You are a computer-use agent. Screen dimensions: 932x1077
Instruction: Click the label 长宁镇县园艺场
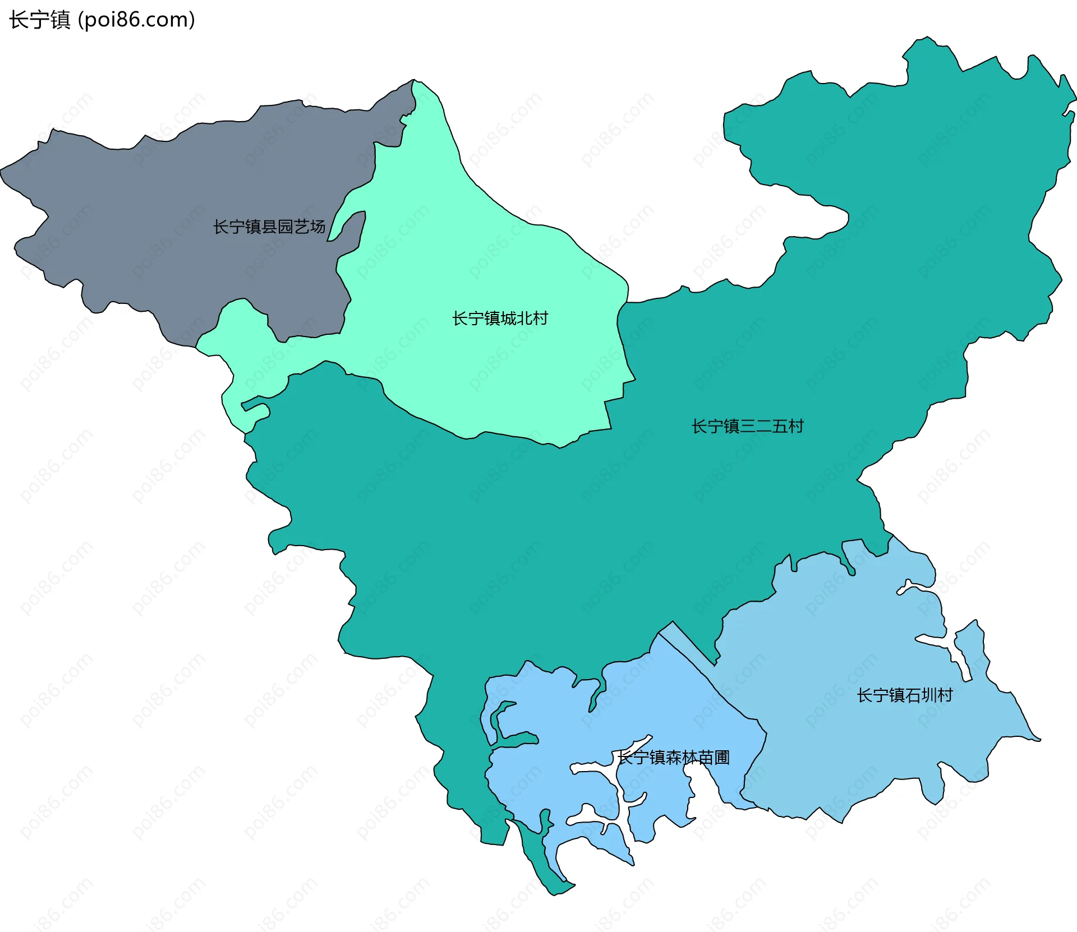pos(269,227)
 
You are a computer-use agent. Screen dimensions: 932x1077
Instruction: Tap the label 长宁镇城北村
pos(500,319)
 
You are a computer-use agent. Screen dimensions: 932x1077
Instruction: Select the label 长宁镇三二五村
pos(747,426)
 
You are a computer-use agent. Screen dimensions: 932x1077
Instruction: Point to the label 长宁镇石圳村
pos(905,695)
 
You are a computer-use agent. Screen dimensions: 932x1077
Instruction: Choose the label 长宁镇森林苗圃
pos(674,758)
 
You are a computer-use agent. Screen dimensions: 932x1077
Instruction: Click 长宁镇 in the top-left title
pos(39,20)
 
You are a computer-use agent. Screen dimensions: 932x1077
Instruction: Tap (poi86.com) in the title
pos(136,20)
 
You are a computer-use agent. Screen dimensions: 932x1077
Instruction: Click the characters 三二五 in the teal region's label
pos(763,426)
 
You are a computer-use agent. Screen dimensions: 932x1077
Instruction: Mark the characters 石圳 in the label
pos(921,695)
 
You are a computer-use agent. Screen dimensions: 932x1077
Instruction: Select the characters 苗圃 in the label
pos(714,758)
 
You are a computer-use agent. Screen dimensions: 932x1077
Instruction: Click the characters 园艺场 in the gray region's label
pos(301,227)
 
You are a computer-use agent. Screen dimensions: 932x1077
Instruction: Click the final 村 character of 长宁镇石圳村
pos(945,695)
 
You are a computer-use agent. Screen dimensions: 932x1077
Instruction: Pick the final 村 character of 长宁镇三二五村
pos(795,426)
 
